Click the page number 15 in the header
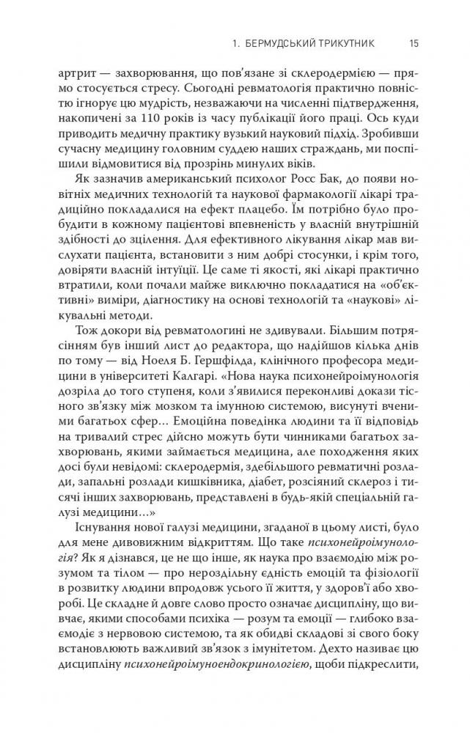click(414, 44)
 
